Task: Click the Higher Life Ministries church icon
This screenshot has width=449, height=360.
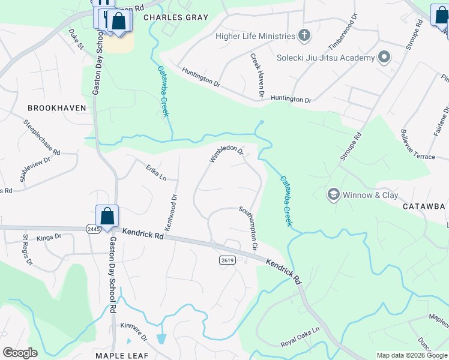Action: click(304, 36)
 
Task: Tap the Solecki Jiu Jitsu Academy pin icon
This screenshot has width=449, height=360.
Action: click(384, 58)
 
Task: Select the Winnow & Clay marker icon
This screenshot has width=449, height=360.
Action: click(334, 195)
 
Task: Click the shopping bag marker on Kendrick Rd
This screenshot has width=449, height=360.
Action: click(107, 216)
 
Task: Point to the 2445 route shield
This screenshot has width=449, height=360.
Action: click(94, 229)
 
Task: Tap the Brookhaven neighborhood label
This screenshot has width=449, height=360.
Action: click(56, 108)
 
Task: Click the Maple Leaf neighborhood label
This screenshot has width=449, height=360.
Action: click(121, 356)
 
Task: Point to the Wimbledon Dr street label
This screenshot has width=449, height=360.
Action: click(226, 154)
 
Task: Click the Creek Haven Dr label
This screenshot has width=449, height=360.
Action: click(258, 75)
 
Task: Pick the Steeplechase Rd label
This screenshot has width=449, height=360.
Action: click(42, 138)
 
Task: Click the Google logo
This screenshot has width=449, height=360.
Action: click(20, 353)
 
